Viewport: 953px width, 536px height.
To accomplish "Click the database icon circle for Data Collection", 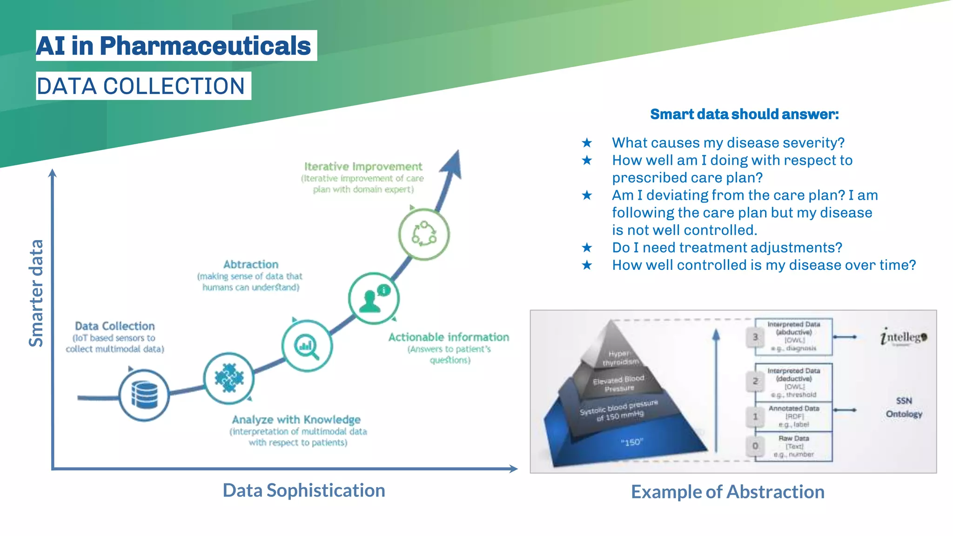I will [144, 395].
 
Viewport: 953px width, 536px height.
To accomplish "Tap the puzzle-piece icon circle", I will [229, 378].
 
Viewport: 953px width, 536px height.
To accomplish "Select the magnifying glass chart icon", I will [307, 346].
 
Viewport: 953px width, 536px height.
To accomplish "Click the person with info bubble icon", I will [374, 298].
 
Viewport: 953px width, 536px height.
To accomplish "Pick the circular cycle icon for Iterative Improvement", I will [424, 234].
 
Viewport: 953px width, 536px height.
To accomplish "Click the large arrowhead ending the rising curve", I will [452, 165].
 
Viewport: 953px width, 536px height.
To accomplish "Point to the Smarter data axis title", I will [36, 293].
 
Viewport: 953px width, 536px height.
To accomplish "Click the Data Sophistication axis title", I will [304, 490].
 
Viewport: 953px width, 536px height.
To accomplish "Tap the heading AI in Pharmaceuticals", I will [174, 46].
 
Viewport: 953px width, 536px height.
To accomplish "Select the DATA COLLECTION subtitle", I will [141, 86].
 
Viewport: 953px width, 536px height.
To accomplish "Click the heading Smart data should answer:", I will [744, 114].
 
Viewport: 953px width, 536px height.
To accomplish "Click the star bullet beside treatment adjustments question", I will [587, 248].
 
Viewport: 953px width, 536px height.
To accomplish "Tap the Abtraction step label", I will [251, 264].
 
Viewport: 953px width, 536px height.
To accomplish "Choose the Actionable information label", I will [449, 337].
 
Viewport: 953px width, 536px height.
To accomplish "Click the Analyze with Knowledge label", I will [296, 420].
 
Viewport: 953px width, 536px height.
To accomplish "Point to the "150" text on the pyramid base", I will [631, 442].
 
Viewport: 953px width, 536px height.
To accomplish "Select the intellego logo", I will [903, 337].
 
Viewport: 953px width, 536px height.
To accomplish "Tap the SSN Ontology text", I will [904, 407].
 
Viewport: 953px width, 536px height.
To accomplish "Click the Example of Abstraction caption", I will [727, 492].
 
